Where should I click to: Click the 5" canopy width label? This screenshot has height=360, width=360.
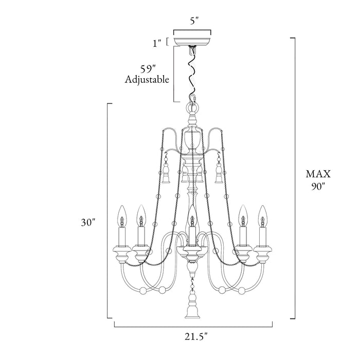click(194, 21)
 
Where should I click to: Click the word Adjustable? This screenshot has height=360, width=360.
click(147, 80)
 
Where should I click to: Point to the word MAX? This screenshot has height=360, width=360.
click(318, 174)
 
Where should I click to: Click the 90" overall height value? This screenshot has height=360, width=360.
click(318, 186)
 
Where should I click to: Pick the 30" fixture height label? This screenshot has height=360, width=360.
click(88, 222)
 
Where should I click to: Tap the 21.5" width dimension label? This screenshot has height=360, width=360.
click(196, 337)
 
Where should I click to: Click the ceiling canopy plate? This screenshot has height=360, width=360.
click(192, 41)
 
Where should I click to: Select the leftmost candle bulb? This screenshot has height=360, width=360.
click(122, 217)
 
